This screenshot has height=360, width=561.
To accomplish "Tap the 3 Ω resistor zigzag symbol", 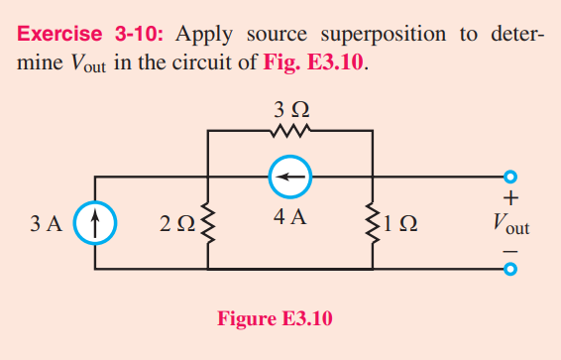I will tap(289, 129).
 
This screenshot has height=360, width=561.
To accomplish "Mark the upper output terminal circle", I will tap(510, 178).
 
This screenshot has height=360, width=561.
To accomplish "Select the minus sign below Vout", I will tap(510, 249).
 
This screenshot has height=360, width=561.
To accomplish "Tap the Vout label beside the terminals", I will tap(510, 225).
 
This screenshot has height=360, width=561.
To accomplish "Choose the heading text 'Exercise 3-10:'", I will tap(92, 33).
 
